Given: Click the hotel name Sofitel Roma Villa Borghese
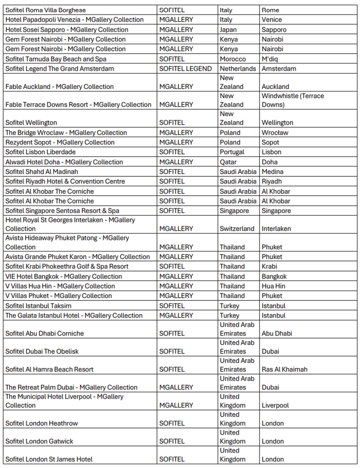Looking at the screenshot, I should click(45, 10).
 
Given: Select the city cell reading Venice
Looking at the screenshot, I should click(272, 20).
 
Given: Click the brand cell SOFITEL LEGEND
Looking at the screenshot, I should click(185, 69).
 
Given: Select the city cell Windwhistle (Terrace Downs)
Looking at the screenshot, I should click(292, 100).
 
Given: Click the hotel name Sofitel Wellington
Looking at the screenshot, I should click(31, 122).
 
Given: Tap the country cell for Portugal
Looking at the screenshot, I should click(232, 152).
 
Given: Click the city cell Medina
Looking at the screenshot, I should click(272, 172).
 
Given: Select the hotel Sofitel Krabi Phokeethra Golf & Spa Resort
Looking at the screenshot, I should click(67, 266).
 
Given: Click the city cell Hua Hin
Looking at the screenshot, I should click(273, 286).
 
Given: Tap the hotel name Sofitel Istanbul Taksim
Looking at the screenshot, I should click(38, 305).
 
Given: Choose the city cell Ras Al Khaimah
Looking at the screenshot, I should click(284, 369).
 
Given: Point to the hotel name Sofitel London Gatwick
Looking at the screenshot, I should click(39, 441).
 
